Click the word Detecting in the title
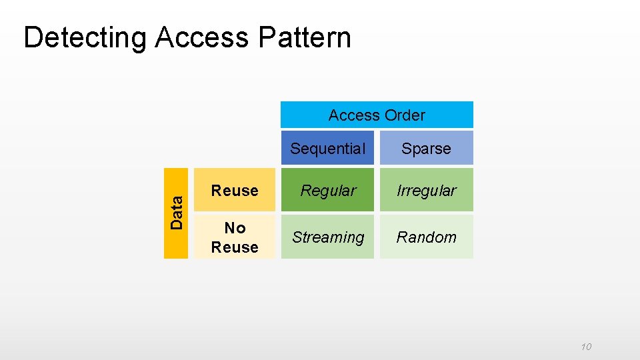(x=84, y=38)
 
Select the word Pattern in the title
(x=303, y=38)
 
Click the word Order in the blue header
(x=404, y=115)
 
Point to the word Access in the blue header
(x=354, y=115)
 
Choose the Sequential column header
(x=327, y=149)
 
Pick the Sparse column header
(x=426, y=149)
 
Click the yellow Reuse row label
(x=235, y=191)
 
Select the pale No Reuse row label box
(x=235, y=237)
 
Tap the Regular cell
(x=327, y=191)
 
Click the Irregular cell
(x=426, y=191)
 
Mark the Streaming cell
(x=327, y=237)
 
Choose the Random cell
(x=426, y=237)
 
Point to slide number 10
(x=586, y=347)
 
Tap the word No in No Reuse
(x=235, y=228)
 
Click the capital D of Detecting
(x=32, y=38)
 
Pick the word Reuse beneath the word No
(x=235, y=247)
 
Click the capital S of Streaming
(x=297, y=237)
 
